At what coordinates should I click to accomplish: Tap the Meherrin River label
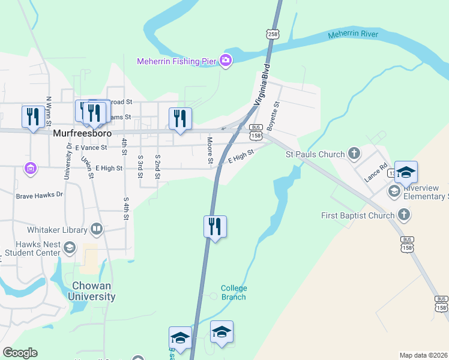[x=353, y=35]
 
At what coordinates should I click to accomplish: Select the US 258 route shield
[x=274, y=34]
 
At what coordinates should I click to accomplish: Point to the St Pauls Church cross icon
[x=354, y=154]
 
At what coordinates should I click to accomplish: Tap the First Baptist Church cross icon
[x=404, y=214]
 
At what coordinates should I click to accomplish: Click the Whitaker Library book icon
[x=96, y=229]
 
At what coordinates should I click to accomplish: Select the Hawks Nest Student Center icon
[x=70, y=248]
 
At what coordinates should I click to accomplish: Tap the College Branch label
[x=234, y=292]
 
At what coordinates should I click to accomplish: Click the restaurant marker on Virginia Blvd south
[x=215, y=227]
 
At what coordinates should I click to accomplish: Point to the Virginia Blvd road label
[x=262, y=85]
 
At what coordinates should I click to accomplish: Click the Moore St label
[x=210, y=150]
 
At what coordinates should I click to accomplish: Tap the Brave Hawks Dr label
[x=40, y=195]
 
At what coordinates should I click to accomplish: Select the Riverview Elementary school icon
[x=394, y=191]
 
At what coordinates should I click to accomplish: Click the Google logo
[x=20, y=353]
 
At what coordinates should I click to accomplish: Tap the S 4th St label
[x=126, y=208]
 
